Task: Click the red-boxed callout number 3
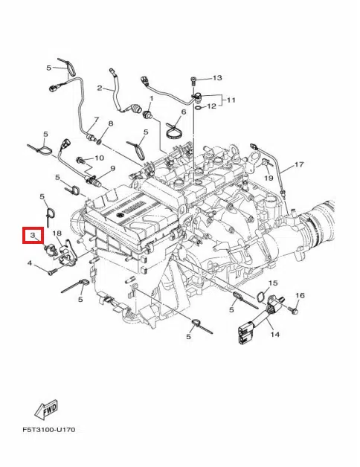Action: (x=33, y=236)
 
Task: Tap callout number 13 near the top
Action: (x=217, y=77)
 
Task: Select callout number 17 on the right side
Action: (x=300, y=164)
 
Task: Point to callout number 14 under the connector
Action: (x=274, y=335)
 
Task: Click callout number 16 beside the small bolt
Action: (x=300, y=296)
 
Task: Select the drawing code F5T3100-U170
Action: (x=48, y=430)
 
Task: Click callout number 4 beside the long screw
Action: (x=30, y=263)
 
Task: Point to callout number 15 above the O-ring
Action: (x=272, y=283)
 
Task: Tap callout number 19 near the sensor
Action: (x=269, y=178)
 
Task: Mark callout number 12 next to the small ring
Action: (x=212, y=106)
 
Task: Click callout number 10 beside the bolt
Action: (x=100, y=158)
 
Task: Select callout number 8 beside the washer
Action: (x=110, y=123)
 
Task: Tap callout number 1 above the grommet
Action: (x=151, y=98)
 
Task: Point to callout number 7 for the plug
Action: (x=95, y=120)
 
